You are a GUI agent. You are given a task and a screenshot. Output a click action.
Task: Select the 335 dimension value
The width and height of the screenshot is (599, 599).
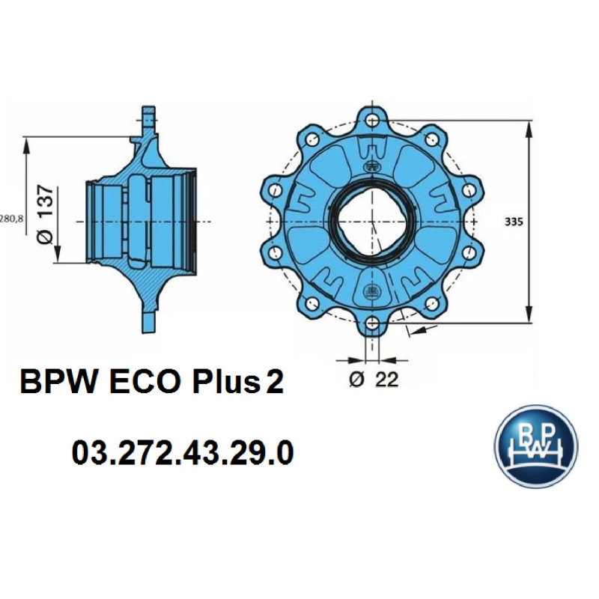tap(513, 222)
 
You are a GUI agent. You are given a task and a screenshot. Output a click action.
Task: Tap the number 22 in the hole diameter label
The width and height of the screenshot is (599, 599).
tap(386, 380)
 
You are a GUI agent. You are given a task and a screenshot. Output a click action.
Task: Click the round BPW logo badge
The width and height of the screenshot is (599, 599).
tap(536, 447)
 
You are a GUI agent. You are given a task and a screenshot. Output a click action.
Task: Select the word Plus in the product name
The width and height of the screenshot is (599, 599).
tap(224, 383)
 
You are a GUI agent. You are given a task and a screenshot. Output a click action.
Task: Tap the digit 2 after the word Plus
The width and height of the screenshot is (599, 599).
tap(274, 383)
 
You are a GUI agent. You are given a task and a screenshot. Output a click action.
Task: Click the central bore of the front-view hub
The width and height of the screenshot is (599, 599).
tap(372, 222)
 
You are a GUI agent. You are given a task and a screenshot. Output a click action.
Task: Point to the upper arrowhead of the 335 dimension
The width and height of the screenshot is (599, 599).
tap(530, 128)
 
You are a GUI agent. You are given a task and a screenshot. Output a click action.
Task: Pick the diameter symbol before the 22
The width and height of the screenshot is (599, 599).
tap(357, 380)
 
